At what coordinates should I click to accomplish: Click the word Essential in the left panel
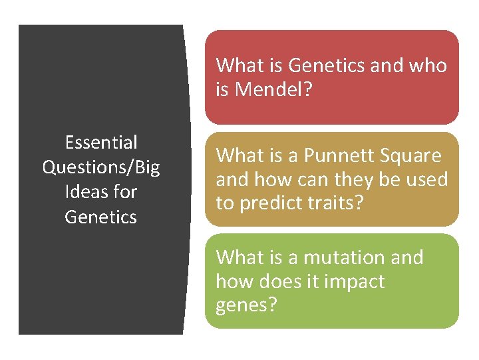[x=101, y=143]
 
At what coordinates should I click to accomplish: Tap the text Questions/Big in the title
[x=101, y=167]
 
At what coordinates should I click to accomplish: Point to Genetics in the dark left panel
[x=101, y=217]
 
